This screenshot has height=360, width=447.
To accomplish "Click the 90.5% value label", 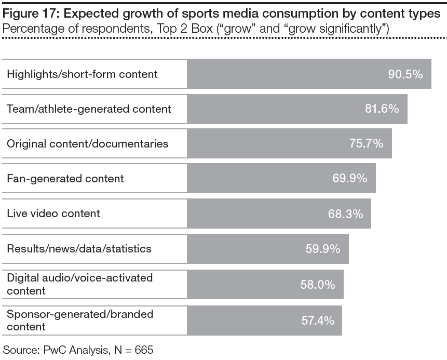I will pos(405,74).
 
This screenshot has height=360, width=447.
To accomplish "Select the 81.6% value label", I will pos(382,109).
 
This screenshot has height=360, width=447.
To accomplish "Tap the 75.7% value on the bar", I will pos(366,143).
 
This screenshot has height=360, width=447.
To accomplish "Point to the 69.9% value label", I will pos(350,178).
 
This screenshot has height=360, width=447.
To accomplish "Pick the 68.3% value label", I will pos(346,214).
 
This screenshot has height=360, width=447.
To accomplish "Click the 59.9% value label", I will pos(323,248).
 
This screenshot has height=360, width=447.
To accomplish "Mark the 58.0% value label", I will pos(318,284).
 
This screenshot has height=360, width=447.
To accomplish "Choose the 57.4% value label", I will pos(318,320).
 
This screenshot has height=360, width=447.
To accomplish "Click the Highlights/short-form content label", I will pos(82,74).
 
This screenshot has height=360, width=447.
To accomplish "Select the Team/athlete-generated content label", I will pos(89,109).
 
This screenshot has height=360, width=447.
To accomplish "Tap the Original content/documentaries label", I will pos(88,143).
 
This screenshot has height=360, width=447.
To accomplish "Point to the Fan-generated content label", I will pos(65,178).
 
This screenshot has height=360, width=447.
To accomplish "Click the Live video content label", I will pos(53,214).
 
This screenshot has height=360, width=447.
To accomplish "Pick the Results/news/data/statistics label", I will pos(79,248).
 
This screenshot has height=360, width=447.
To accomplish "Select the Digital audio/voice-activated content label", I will pos(79,284).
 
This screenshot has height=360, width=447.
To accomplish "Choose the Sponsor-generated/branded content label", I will pos(79,320).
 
